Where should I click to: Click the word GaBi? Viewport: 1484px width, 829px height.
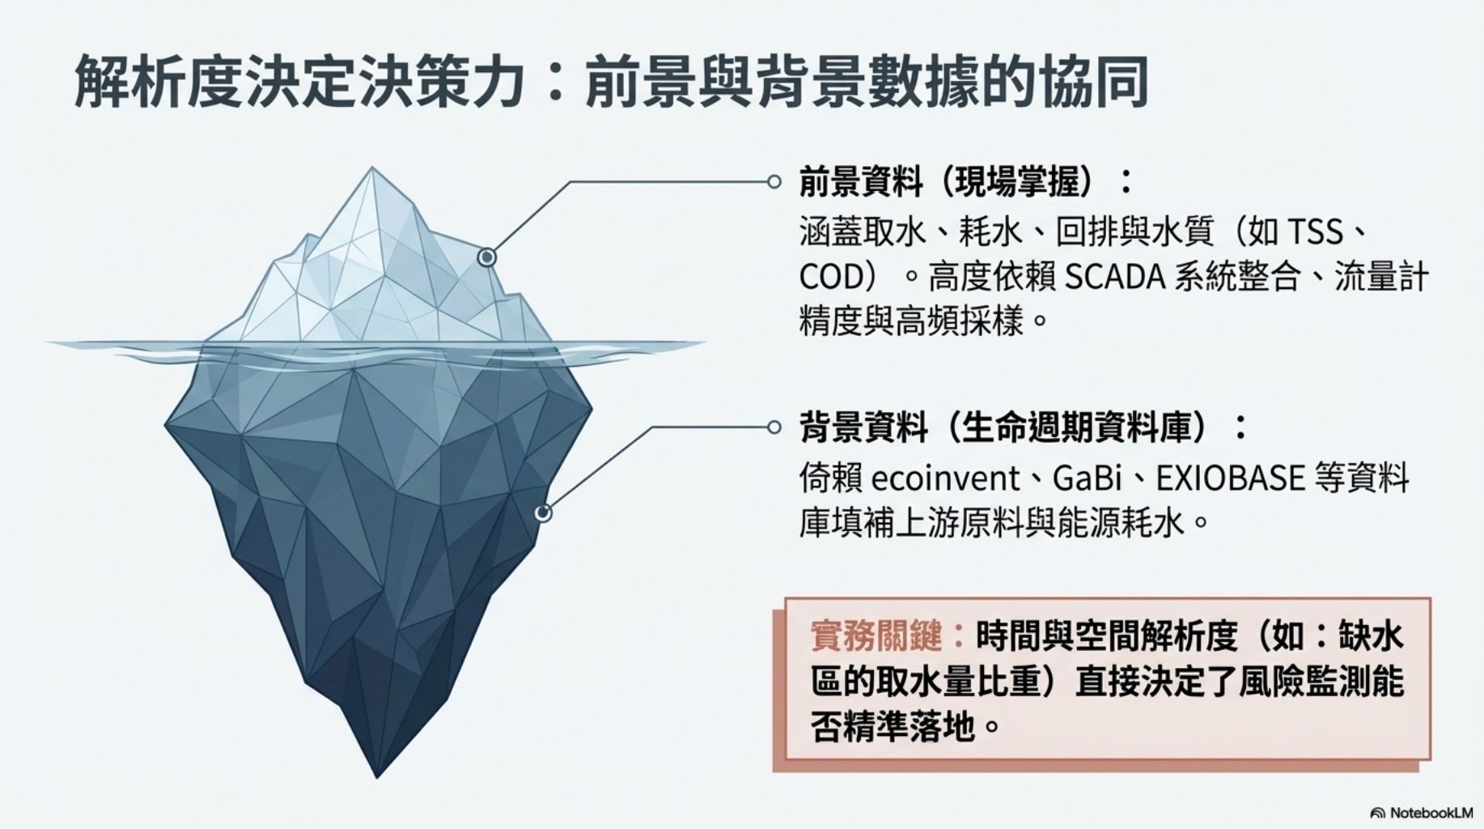(1086, 478)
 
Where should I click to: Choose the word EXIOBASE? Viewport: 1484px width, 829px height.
(1230, 478)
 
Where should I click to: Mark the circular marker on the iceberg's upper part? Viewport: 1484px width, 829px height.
(486, 257)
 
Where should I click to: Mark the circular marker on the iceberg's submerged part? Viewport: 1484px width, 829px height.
(544, 512)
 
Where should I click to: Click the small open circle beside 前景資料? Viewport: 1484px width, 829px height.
(774, 182)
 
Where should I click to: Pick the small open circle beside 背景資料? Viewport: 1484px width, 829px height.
(774, 427)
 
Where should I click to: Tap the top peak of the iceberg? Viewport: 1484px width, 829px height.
(372, 169)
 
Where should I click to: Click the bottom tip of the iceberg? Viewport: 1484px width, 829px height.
(377, 775)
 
